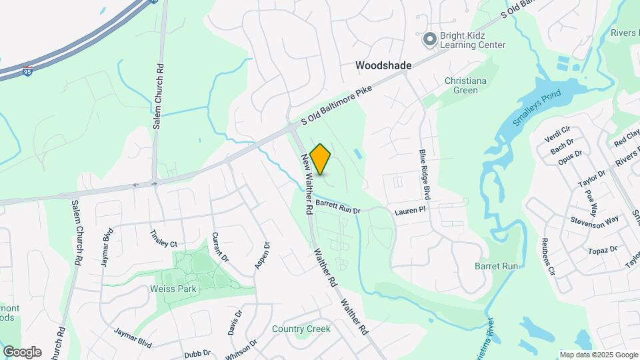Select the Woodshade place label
(383, 65)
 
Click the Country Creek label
(301, 329)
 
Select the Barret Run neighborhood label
(496, 266)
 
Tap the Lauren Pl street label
(409, 211)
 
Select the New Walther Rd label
(307, 184)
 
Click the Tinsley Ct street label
(163, 238)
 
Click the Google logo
(22, 352)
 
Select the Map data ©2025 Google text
(598, 355)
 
